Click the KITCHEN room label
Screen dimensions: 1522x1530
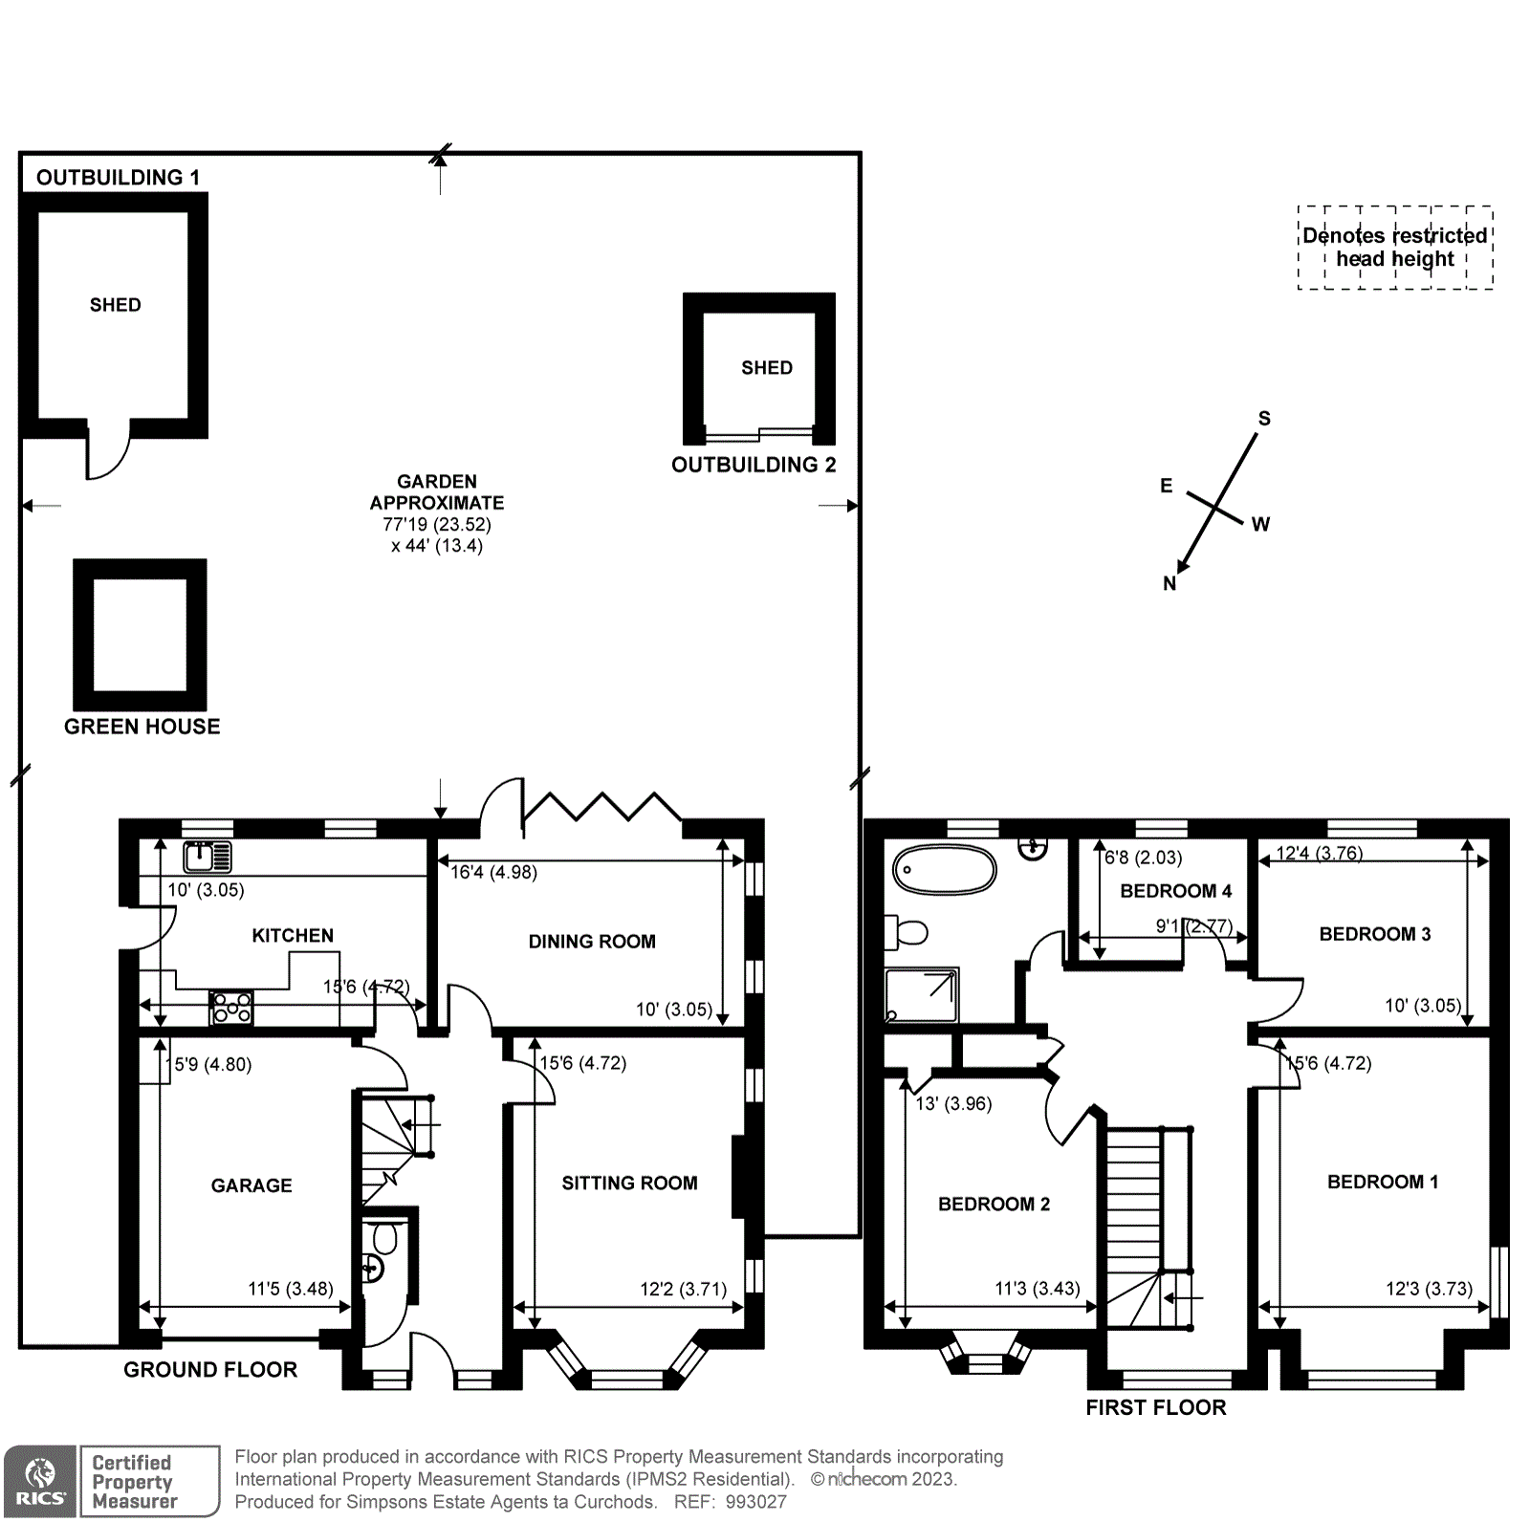click(293, 935)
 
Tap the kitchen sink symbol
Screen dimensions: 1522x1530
click(208, 857)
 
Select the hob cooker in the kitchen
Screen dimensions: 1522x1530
click(231, 1008)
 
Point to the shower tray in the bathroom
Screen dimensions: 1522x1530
click(921, 994)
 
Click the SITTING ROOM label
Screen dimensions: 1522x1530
click(629, 1183)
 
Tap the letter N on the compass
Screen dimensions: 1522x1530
click(1169, 583)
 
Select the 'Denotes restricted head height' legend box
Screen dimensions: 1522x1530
click(1394, 248)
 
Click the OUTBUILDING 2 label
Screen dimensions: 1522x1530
click(754, 465)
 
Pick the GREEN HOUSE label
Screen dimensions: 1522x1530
click(142, 727)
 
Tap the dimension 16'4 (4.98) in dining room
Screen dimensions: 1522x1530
click(494, 872)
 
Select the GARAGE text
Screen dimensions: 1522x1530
click(251, 1185)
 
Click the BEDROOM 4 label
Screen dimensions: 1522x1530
click(1175, 891)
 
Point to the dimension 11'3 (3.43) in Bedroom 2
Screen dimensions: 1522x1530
click(1038, 1288)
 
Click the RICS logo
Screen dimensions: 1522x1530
click(40, 1481)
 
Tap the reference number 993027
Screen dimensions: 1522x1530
click(755, 1502)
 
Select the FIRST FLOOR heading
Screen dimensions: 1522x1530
click(1155, 1407)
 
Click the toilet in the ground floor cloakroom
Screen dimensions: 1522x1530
click(384, 1239)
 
